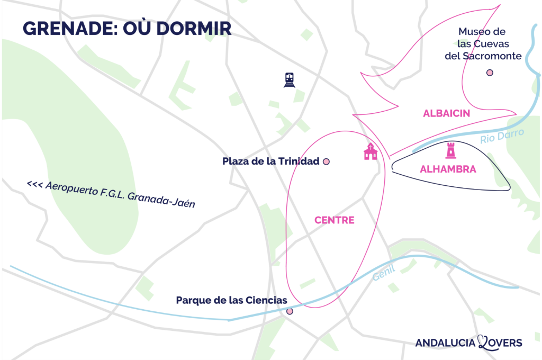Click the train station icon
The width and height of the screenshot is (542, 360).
(289, 80)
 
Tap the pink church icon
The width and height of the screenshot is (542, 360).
(371, 151)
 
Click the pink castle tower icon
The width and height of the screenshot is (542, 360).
(451, 151)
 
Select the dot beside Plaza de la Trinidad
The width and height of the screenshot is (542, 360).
(327, 161)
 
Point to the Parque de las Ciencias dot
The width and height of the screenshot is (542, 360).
(290, 311)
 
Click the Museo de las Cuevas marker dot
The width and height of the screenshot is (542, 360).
(490, 73)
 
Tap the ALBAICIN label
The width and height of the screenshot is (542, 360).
(447, 113)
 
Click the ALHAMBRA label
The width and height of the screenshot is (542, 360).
(448, 170)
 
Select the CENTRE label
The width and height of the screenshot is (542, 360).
(334, 220)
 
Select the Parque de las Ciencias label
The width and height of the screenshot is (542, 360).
(231, 301)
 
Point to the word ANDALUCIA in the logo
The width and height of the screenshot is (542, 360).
(446, 343)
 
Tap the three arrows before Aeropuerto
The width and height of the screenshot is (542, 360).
(34, 185)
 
